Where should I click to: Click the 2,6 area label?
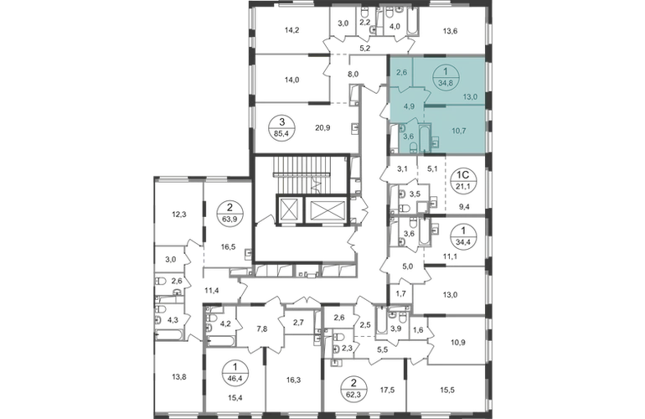click(401, 73)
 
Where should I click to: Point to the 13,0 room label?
click(471, 96)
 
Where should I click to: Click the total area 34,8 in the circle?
click(446, 83)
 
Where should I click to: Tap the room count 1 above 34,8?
click(446, 73)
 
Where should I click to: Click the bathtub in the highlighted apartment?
click(425, 138)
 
